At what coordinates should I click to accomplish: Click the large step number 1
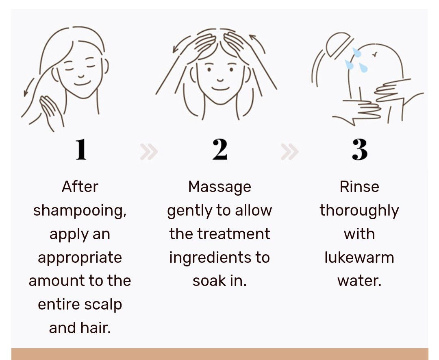[81, 150]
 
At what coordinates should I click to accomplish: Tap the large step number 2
[220, 150]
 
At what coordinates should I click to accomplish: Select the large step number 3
[360, 150]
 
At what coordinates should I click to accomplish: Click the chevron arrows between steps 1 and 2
[149, 152]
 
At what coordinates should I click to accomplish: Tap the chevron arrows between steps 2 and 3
[289, 152]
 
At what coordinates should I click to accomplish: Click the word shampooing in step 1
[80, 211]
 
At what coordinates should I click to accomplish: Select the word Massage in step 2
[219, 187]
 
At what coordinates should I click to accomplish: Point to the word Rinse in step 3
[359, 187]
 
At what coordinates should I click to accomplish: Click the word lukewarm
[359, 257]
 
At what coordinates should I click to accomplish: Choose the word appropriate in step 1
[80, 258]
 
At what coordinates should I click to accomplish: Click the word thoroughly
[359, 211]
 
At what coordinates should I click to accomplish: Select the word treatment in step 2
[234, 234]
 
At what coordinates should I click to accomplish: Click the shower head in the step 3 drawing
[338, 45]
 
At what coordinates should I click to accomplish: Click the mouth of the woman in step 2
[220, 89]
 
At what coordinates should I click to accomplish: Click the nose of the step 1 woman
[81, 76]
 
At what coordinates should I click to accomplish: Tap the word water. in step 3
[359, 281]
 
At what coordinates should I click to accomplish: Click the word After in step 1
[80, 187]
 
